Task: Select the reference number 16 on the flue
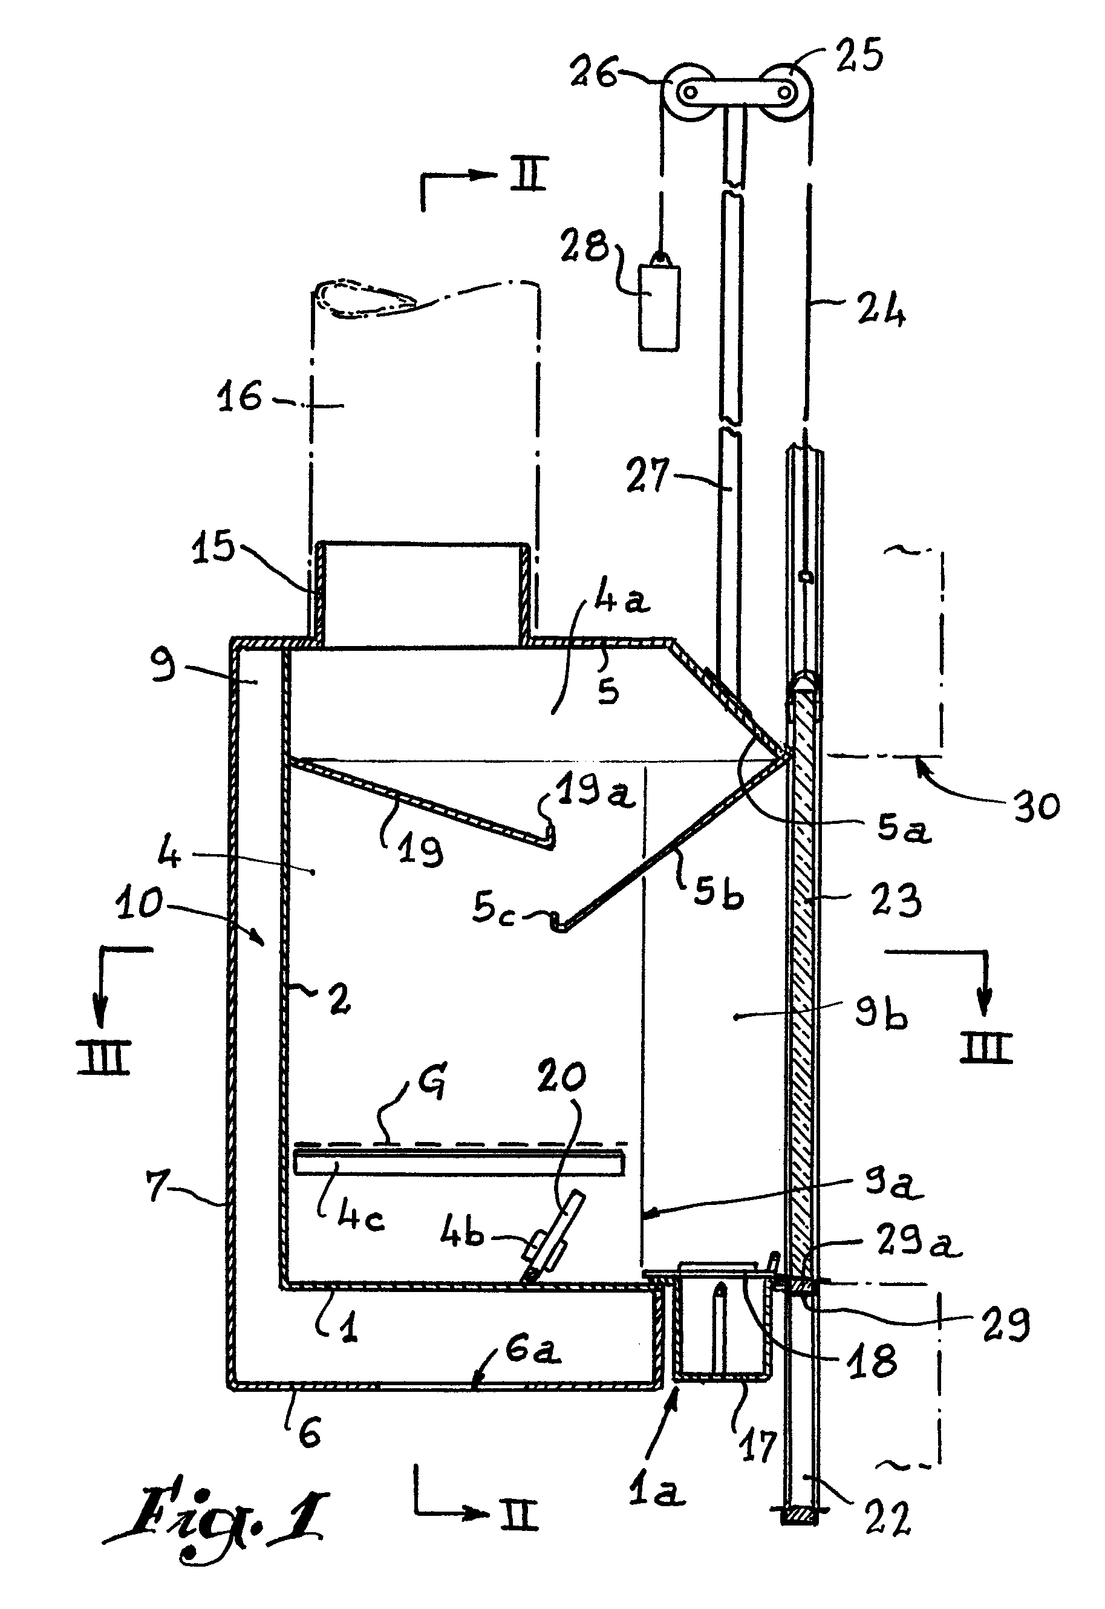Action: tap(240, 398)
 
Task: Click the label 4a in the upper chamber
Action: tap(622, 597)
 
